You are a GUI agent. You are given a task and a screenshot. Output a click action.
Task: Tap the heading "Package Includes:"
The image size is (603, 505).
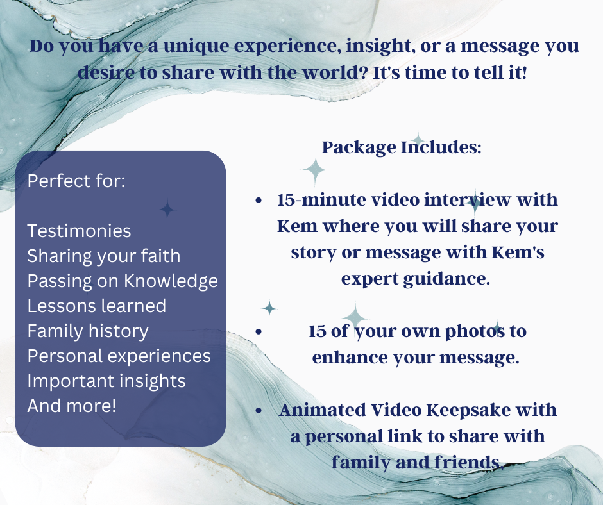click(x=402, y=147)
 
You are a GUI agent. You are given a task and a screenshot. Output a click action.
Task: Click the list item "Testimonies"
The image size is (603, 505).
click(x=79, y=231)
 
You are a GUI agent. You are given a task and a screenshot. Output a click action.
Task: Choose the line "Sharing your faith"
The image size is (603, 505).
click(x=103, y=256)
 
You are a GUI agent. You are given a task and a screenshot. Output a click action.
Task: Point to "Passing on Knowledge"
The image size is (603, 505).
click(x=123, y=281)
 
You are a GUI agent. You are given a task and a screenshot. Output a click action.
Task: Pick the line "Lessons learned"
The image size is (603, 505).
click(x=96, y=306)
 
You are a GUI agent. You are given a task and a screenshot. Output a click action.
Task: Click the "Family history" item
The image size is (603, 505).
click(x=87, y=331)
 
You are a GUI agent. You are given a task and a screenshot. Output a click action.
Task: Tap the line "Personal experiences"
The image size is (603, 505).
click(x=119, y=356)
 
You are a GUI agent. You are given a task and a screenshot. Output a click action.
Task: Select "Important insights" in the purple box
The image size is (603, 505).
click(x=106, y=381)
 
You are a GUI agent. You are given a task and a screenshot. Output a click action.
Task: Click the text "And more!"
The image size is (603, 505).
click(x=71, y=406)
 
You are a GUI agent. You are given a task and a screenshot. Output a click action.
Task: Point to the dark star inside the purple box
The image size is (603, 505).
click(x=167, y=210)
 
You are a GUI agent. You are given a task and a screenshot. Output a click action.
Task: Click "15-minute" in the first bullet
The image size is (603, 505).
click(x=314, y=199)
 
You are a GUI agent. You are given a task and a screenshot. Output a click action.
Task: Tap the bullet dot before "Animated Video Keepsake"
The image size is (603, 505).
click(x=258, y=410)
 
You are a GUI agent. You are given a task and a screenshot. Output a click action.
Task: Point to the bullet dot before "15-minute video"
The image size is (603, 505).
click(x=258, y=201)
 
